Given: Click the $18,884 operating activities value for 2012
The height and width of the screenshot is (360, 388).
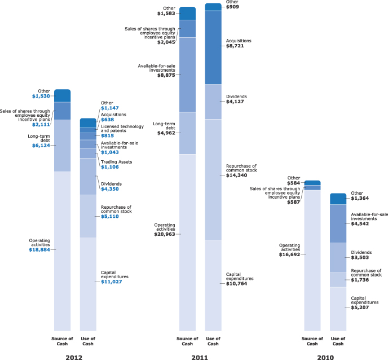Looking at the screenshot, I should pyautogui.click(x=42, y=249).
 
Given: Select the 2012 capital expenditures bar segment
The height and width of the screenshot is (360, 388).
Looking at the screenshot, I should pyautogui.click(x=88, y=284).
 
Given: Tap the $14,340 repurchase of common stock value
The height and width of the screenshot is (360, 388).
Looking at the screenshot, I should pyautogui.click(x=236, y=176).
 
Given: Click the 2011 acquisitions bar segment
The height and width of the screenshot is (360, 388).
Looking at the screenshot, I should pyautogui.click(x=213, y=47).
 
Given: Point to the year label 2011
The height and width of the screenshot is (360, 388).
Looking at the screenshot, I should pyautogui.click(x=200, y=358).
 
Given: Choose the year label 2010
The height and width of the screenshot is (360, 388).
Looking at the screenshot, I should pyautogui.click(x=325, y=358).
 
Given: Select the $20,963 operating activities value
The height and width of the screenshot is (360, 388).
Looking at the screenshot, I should pyautogui.click(x=167, y=234).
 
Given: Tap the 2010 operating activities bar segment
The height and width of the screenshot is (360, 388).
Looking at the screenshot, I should pyautogui.click(x=312, y=260).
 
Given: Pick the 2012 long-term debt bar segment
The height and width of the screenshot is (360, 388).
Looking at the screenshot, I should pyautogui.click(x=63, y=146).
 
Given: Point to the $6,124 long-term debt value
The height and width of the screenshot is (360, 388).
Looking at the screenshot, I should pyautogui.click(x=42, y=146).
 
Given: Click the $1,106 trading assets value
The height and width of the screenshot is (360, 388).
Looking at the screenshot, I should pyautogui.click(x=110, y=167).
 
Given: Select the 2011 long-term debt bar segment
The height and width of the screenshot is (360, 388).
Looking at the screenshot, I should pyautogui.click(x=187, y=133).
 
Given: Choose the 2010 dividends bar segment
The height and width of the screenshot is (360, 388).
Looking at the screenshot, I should pyautogui.click(x=338, y=257).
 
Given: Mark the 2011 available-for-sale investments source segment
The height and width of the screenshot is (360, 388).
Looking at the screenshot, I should pyautogui.click(x=187, y=74).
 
